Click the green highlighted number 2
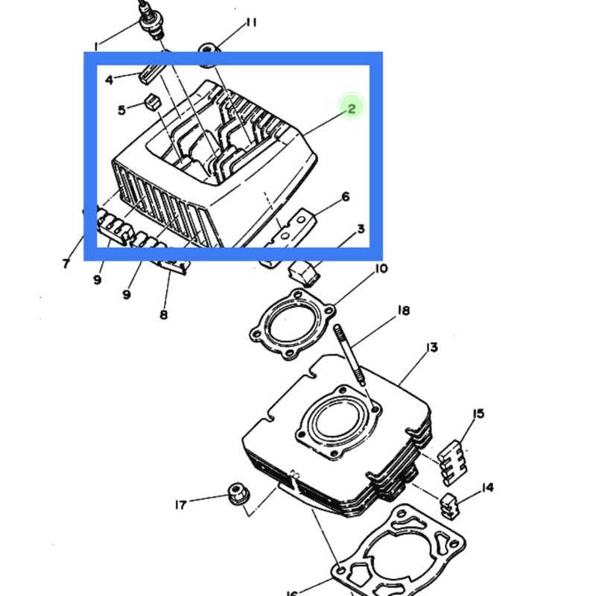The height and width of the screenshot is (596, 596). pyautogui.click(x=352, y=109)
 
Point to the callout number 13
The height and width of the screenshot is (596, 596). pyautogui.click(x=432, y=347)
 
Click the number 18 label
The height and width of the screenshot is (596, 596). pyautogui.click(x=404, y=311)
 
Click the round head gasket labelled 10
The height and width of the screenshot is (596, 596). pyautogui.click(x=292, y=324)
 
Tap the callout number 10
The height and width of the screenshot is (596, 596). pyautogui.click(x=381, y=269)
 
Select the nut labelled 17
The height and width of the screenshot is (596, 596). pyautogui.click(x=237, y=493)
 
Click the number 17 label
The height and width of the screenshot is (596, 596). pyautogui.click(x=181, y=505)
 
